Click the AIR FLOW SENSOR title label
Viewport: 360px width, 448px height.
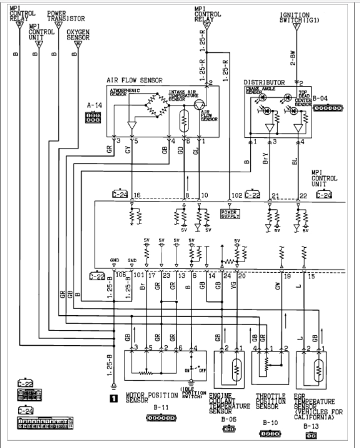pyautogui.click(x=134, y=80)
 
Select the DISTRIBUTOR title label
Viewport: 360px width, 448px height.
pyautogui.click(x=264, y=82)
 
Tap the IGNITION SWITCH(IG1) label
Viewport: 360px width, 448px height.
pyautogui.click(x=295, y=17)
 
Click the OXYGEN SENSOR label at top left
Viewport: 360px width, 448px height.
pyautogui.click(x=78, y=34)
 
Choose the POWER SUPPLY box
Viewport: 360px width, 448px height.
pyautogui.click(x=230, y=214)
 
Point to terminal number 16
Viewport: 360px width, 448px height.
pyautogui.click(x=137, y=195)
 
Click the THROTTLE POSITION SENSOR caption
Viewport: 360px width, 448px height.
pyautogui.click(x=270, y=400)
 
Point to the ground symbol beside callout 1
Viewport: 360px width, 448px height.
pyautogui.click(x=113, y=386)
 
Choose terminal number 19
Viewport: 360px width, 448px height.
pyautogui.click(x=287, y=276)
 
